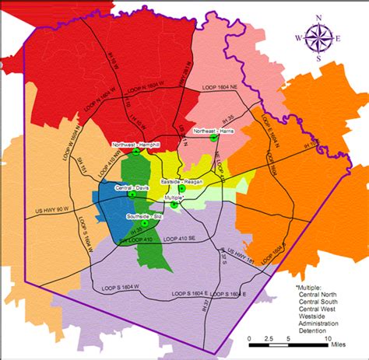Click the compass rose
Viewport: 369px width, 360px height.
(321, 37)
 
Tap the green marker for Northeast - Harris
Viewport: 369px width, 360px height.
(213, 138)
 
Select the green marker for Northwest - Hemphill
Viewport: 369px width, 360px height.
(136, 153)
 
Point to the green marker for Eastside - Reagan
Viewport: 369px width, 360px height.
(181, 188)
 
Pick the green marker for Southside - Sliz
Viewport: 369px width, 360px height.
(145, 223)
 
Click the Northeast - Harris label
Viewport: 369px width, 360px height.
(214, 131)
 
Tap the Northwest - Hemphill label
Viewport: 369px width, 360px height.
(135, 145)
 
